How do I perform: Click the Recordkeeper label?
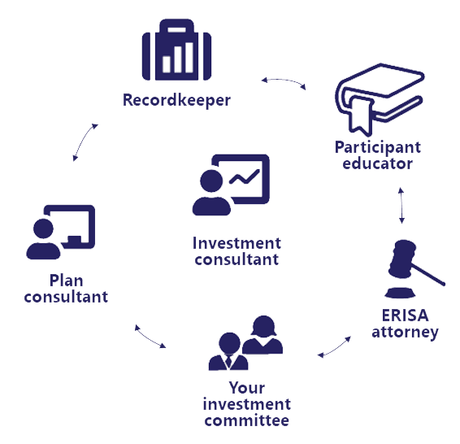point(176,100)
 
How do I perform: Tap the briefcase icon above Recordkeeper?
point(176,50)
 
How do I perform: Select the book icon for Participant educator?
point(380,99)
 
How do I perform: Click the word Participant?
point(378,147)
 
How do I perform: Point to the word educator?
point(378,163)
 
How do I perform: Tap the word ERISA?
point(405,316)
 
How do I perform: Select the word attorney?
point(405,333)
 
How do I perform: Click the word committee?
point(247,420)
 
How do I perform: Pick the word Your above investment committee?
point(247,388)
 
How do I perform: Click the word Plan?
point(67,281)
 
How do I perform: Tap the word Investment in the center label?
point(237,243)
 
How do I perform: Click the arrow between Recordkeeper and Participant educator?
point(284,81)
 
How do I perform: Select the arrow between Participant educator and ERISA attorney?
point(401,206)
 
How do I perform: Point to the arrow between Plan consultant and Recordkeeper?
point(85,141)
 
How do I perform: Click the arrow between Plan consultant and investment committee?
point(150,337)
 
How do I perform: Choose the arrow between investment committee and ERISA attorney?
point(335,348)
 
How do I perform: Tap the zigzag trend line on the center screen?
point(244,176)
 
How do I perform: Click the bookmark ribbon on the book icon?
point(360,115)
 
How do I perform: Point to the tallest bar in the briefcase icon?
point(189,58)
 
